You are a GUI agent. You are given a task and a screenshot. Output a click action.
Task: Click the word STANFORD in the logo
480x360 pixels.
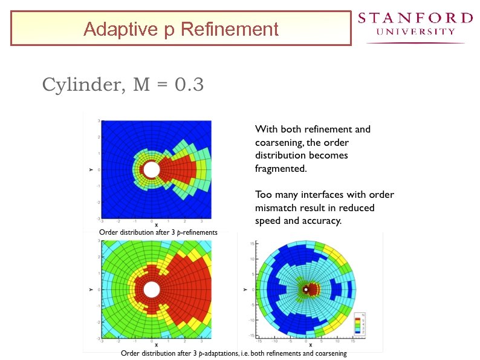[415, 18]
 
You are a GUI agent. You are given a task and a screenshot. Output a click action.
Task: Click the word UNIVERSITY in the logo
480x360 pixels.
[415, 31]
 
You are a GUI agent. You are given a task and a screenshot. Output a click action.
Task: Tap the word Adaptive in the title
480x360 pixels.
[113, 28]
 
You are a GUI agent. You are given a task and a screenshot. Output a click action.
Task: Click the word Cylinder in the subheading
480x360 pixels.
[82, 85]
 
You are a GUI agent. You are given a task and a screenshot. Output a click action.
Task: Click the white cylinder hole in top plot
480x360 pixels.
[152, 169]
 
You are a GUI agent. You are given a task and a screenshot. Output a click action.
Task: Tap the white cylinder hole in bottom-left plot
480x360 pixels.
[152, 289]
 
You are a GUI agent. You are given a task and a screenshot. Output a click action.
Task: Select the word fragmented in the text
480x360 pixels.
[281, 169]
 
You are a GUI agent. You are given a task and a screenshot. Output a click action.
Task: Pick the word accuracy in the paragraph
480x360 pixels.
[322, 221]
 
